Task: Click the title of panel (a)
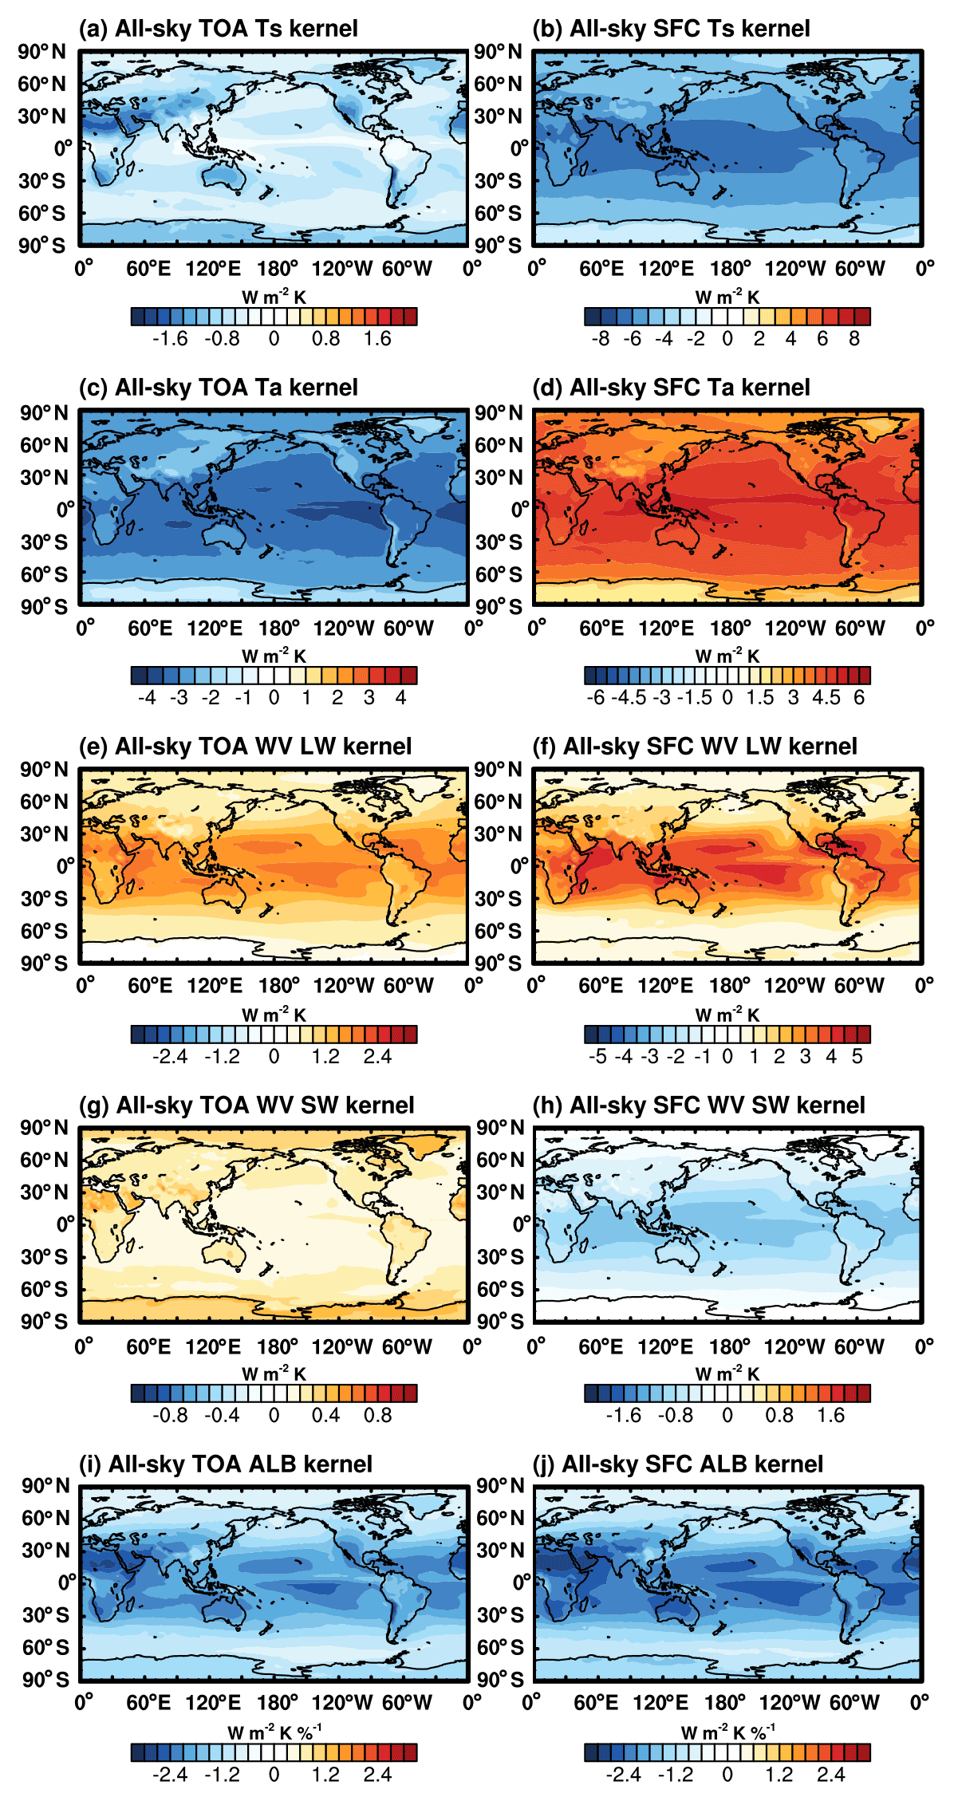pos(218,29)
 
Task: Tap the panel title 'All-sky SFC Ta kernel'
pos(671,388)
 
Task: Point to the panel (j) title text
pos(677,1464)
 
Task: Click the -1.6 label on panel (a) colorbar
pos(170,339)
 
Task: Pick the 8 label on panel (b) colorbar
pos(854,339)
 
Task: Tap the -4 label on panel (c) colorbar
pos(147,698)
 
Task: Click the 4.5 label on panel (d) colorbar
pos(826,698)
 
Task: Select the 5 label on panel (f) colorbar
pos(857,1057)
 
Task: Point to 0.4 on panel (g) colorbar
pos(325,1416)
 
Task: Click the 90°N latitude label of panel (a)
pos(42,52)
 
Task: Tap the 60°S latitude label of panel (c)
pos(44,574)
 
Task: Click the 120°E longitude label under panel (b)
pos(666,269)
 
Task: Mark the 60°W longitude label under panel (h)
pos(859,1346)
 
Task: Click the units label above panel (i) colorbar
pos(274,1732)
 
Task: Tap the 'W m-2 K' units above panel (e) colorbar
pos(274,1015)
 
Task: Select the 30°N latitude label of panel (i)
pos(45,1551)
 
